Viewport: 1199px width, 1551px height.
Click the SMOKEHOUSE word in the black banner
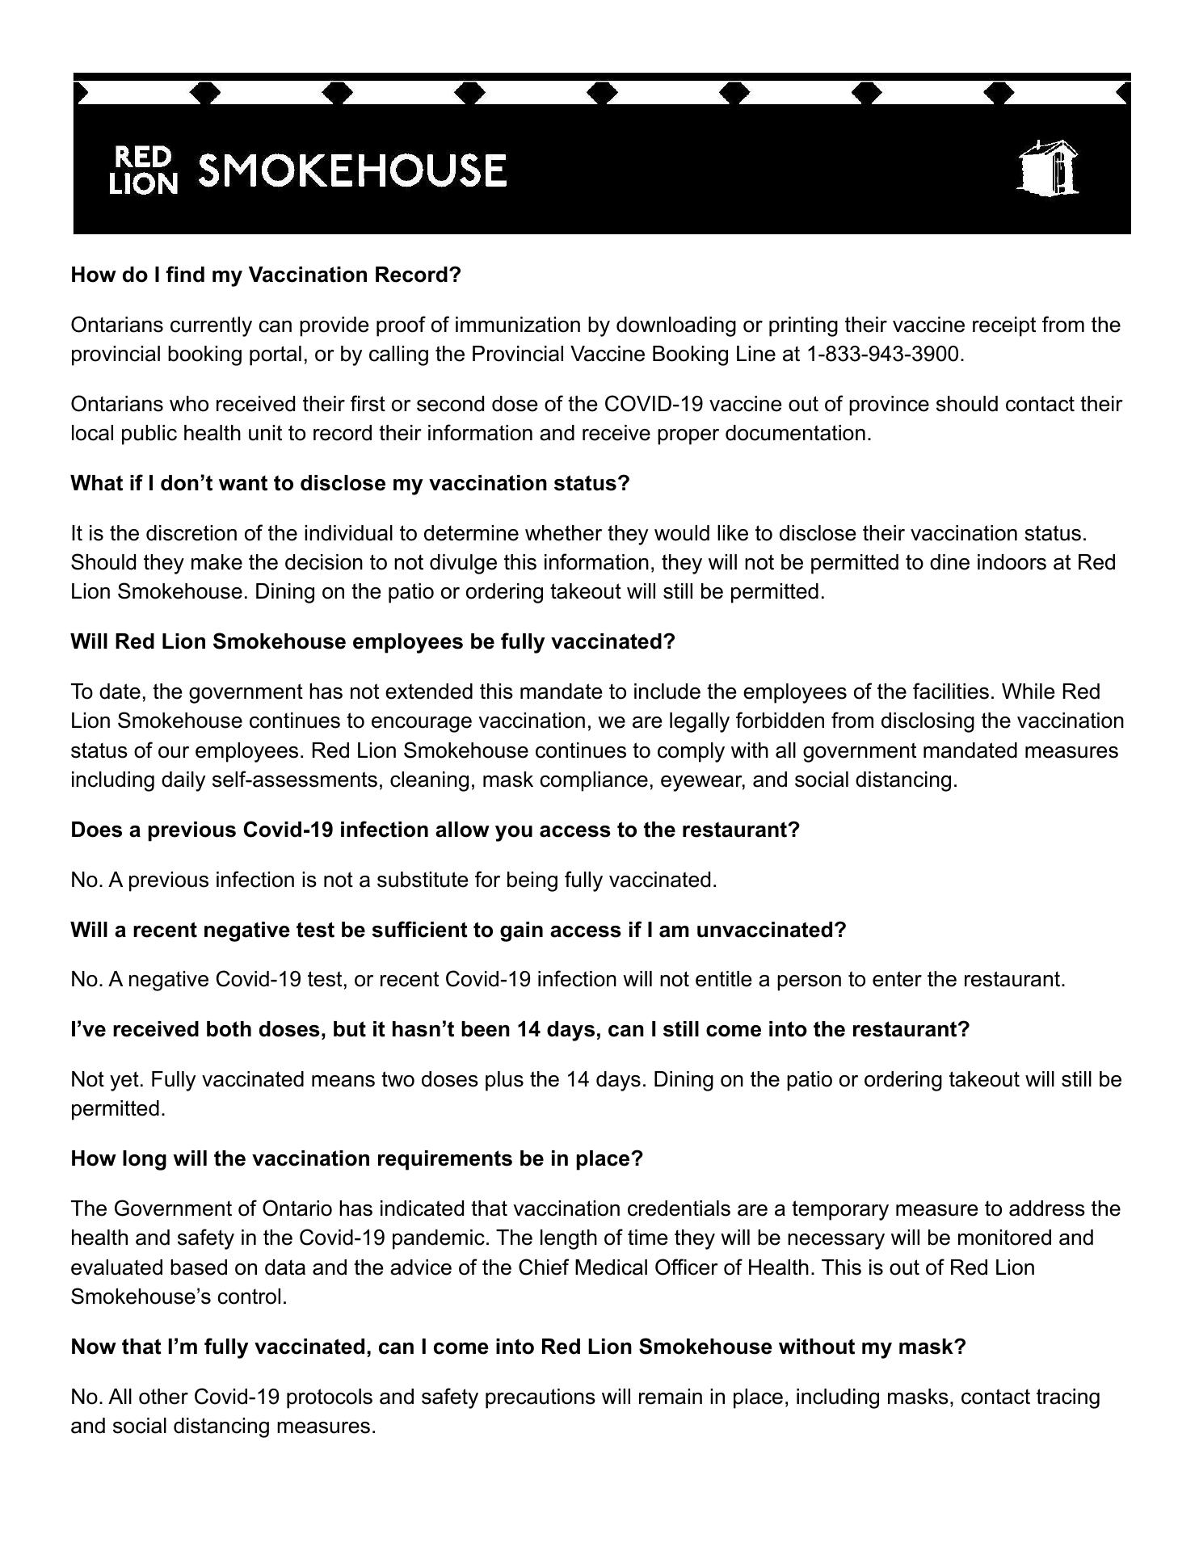(x=352, y=170)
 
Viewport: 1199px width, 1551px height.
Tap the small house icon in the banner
(x=1048, y=169)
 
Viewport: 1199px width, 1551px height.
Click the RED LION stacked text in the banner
(x=143, y=170)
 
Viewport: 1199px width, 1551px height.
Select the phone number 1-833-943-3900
(x=884, y=354)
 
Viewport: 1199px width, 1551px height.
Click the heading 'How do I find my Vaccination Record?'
(x=266, y=275)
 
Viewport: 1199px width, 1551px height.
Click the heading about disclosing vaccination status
(x=350, y=483)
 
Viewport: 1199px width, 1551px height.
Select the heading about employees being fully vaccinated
(x=372, y=641)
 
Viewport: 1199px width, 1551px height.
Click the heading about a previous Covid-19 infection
(x=435, y=830)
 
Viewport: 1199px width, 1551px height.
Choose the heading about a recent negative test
(x=458, y=930)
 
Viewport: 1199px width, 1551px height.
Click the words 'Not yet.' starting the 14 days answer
(x=107, y=1079)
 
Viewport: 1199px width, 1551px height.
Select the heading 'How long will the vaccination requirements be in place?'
(x=356, y=1158)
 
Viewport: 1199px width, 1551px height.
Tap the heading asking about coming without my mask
(x=518, y=1347)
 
